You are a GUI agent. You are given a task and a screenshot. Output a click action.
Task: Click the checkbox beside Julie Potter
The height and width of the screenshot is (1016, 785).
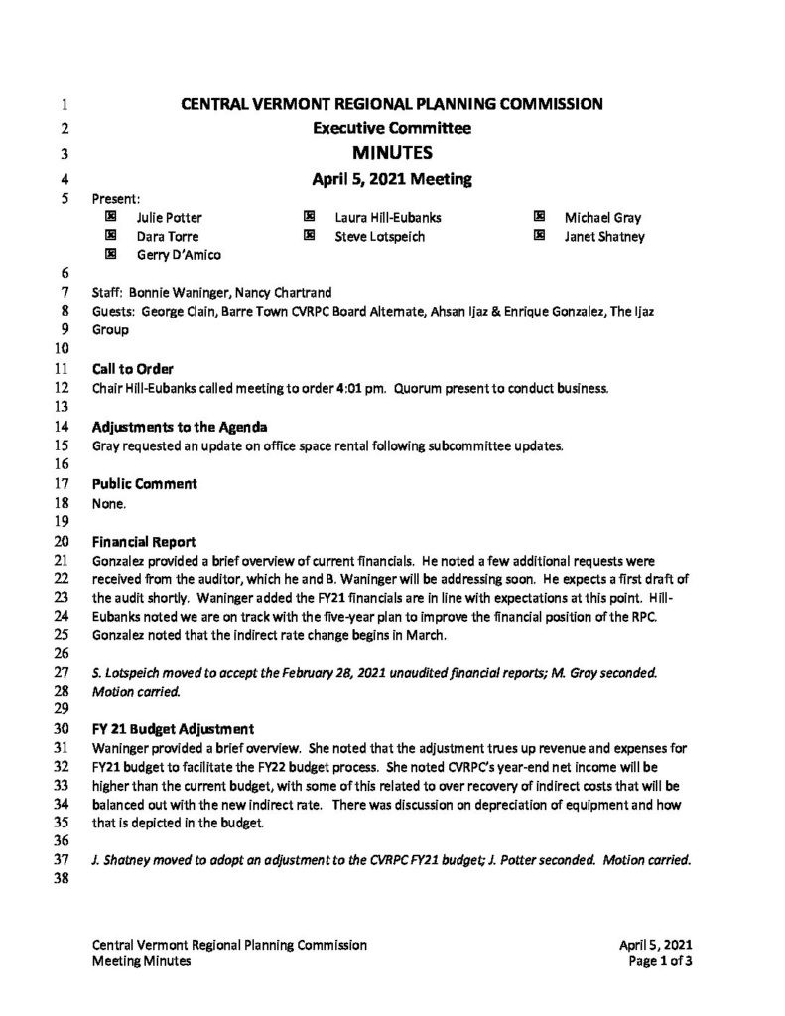[110, 217]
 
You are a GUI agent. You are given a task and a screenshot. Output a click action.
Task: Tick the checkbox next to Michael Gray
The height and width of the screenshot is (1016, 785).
[539, 217]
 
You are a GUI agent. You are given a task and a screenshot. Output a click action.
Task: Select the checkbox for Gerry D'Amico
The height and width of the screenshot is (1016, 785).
[110, 254]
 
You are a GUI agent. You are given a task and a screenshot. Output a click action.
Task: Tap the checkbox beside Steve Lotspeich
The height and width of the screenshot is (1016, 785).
[309, 236]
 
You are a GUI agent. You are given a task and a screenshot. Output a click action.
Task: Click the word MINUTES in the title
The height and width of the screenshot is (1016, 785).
[392, 153]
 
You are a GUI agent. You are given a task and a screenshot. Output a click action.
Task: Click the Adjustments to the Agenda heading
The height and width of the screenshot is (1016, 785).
[179, 427]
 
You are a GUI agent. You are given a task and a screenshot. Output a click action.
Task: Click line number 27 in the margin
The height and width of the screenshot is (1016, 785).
[61, 673]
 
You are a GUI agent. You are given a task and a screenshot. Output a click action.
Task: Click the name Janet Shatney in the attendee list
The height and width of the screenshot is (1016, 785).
[604, 236]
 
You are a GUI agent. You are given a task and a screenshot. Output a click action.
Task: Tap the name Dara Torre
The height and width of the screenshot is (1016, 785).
[167, 236]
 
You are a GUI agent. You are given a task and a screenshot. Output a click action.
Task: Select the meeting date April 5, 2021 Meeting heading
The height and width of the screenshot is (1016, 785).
[392, 180]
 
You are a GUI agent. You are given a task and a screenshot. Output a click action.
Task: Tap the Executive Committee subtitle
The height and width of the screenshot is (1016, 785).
[392, 127]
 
